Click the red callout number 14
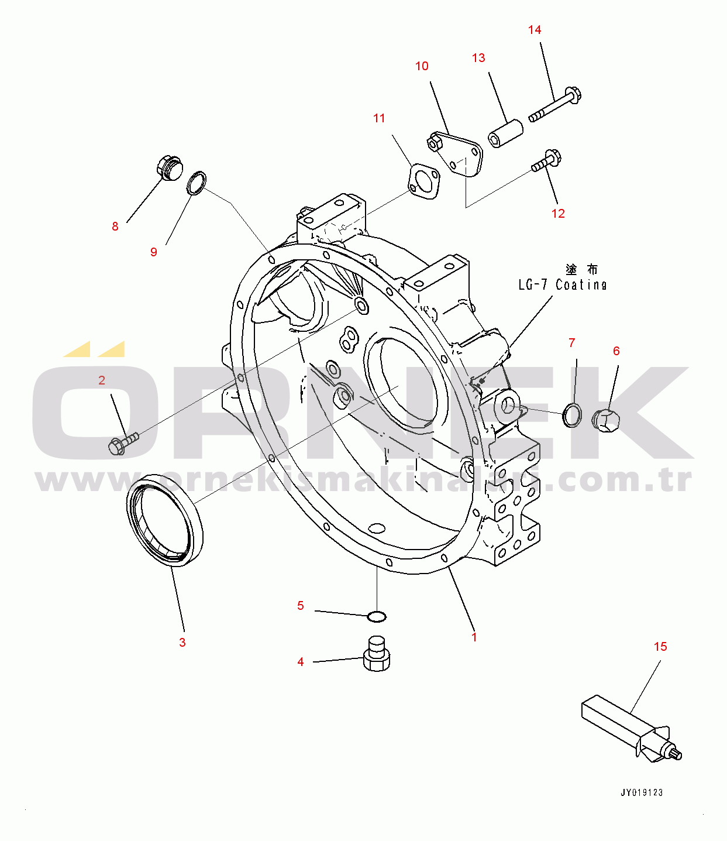pyautogui.click(x=535, y=30)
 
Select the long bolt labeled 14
pyautogui.click(x=554, y=105)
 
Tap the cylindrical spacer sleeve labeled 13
pyautogui.click(x=505, y=133)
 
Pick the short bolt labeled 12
pyautogui.click(x=547, y=161)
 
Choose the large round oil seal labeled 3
pyautogui.click(x=164, y=520)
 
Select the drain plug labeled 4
pyautogui.click(x=376, y=654)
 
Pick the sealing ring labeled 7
pyautogui.click(x=572, y=415)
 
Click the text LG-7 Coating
pyautogui.click(x=563, y=285)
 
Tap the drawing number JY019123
pyautogui.click(x=642, y=792)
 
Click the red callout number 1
pyautogui.click(x=474, y=637)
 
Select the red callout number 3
pyautogui.click(x=182, y=643)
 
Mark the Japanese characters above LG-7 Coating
pyautogui.click(x=581, y=269)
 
